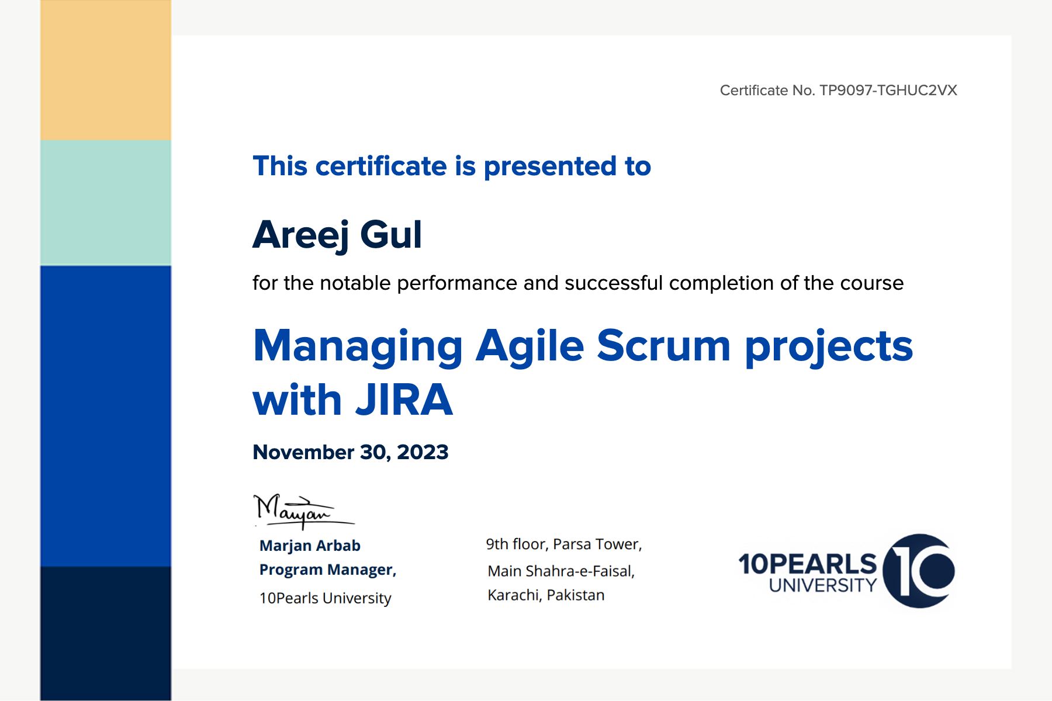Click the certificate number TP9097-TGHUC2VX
coord(888,91)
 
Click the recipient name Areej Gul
coord(337,235)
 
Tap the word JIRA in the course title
coord(404,401)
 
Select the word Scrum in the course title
coord(663,346)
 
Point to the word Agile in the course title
coord(530,347)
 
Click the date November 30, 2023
coord(351,452)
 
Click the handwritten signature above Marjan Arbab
coord(304,511)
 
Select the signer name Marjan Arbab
coord(310,546)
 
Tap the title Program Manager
coord(328,570)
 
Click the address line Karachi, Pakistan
coord(546,595)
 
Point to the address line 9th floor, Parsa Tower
coord(564,544)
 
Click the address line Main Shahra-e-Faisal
coord(561,571)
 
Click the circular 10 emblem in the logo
coord(919,571)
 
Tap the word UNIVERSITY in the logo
coord(823,585)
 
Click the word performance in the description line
coord(457,284)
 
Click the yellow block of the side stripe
coord(106,70)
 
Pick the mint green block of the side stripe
coord(106,203)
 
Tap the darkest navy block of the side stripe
coord(106,633)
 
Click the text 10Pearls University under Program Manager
coord(325,598)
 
